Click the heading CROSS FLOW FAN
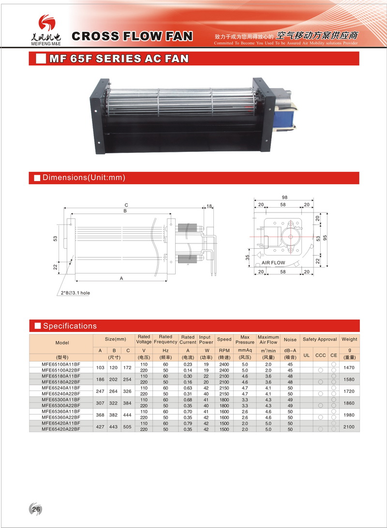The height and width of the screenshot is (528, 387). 132,36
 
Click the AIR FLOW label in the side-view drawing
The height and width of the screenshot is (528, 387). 273,263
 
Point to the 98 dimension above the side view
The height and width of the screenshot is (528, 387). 285,197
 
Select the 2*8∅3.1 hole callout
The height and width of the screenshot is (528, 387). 75,293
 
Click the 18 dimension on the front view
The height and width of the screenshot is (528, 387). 209,206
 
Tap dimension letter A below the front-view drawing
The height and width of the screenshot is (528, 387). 121,278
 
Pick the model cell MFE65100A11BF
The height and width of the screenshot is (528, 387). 61,364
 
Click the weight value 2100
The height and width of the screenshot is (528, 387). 349,427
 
